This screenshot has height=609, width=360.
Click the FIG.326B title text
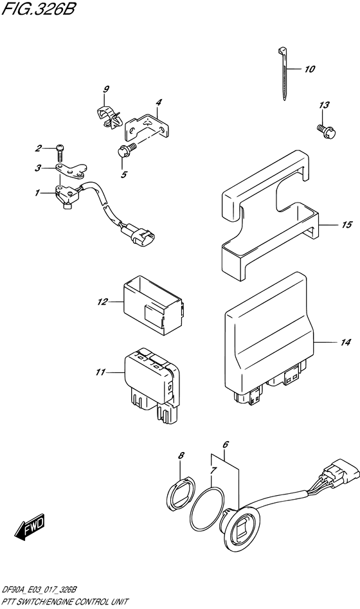coord(40,11)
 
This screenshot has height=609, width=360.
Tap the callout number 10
coord(310,69)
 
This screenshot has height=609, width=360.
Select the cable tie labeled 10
coord(283,73)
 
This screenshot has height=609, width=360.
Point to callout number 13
coord(324,105)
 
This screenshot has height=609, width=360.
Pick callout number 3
coord(38,168)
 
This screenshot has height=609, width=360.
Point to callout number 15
coord(346,224)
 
